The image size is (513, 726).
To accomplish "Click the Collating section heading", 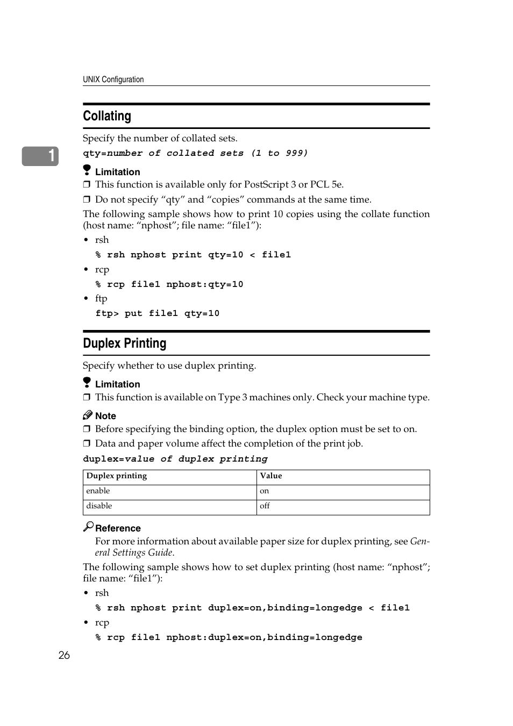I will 107,116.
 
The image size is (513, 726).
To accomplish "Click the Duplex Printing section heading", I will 125,343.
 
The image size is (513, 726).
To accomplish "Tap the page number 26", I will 64,655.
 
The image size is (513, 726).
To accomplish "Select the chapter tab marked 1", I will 41,156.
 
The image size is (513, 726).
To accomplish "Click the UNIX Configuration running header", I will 113,80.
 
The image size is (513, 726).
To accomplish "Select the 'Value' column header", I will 271,476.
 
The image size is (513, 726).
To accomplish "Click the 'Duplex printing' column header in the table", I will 117,476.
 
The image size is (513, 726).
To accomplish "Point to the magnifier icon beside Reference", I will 88,527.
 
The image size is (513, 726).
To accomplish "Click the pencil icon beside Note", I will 88,415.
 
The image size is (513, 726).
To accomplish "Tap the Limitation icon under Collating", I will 87,170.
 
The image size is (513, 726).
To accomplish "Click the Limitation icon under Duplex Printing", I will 87,383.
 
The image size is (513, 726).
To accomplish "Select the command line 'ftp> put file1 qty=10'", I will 158,313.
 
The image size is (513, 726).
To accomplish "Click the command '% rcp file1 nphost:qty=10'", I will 169,284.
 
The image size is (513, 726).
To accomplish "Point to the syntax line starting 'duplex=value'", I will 175,459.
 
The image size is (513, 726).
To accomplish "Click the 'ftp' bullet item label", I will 101,299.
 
